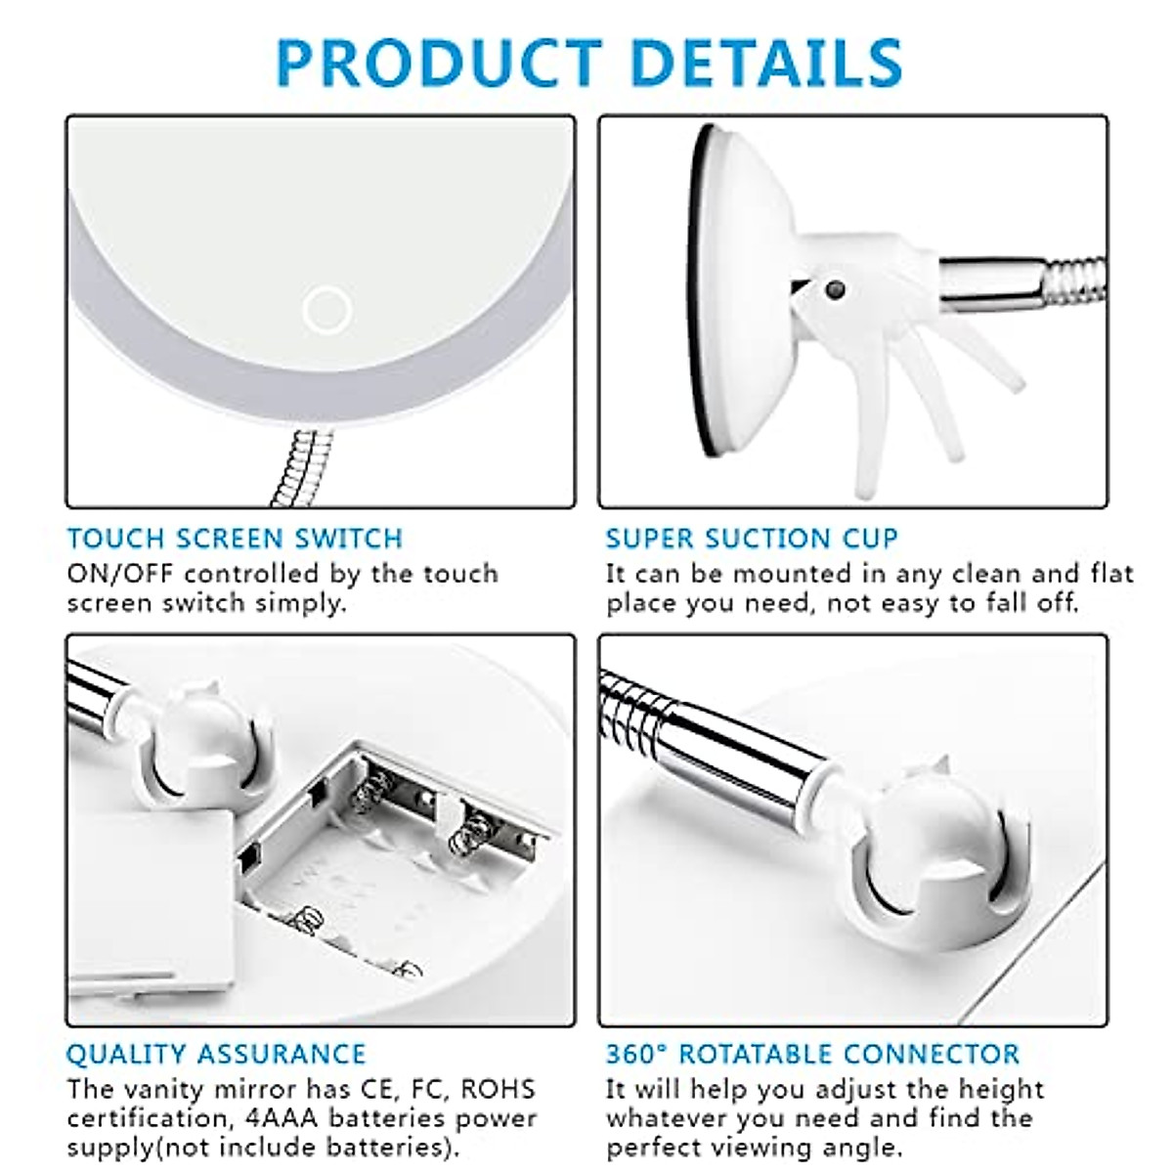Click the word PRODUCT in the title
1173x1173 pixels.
click(x=439, y=63)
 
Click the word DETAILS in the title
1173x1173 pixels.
click(x=765, y=63)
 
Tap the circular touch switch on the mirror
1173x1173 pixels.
click(x=326, y=311)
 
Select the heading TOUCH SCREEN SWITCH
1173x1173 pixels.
click(x=235, y=539)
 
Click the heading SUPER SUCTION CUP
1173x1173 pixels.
click(x=751, y=539)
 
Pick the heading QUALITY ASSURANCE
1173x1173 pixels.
click(x=216, y=1054)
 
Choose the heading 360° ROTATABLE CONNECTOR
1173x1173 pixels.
click(x=812, y=1054)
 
